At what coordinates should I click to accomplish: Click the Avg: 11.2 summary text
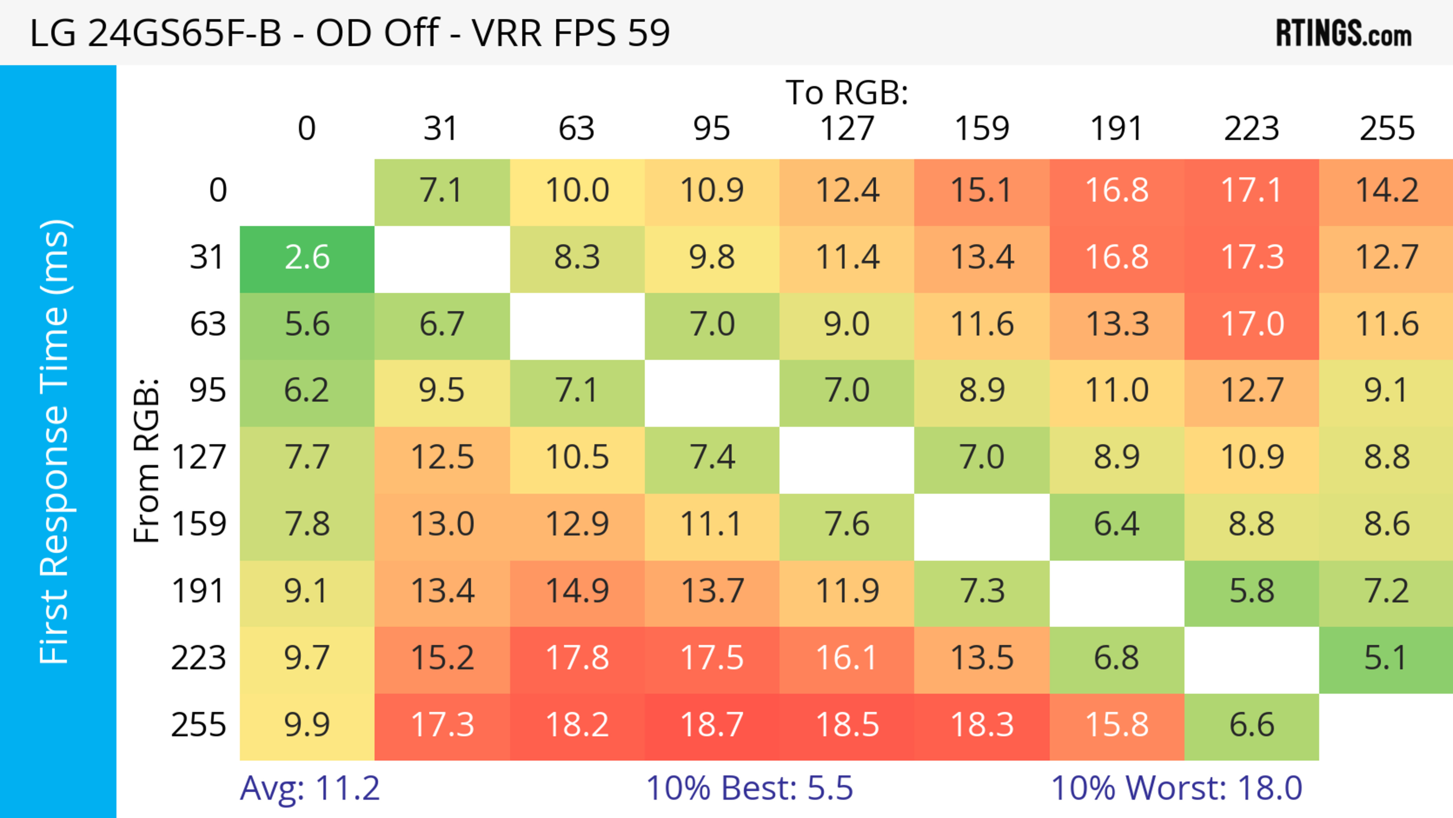tap(310, 788)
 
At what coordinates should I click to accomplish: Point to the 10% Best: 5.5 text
tap(749, 788)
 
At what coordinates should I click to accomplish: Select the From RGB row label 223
tap(199, 658)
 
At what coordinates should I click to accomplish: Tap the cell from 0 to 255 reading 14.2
tap(1386, 191)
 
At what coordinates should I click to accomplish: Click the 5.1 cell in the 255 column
tap(1386, 658)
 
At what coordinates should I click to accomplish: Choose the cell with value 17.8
tap(577, 658)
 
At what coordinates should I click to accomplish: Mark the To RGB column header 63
tap(576, 129)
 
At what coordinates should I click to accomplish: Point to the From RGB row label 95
tap(208, 390)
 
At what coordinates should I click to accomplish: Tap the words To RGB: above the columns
tap(847, 92)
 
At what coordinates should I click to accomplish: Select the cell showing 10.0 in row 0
tap(577, 191)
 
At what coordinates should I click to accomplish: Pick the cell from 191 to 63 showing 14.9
tap(577, 592)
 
